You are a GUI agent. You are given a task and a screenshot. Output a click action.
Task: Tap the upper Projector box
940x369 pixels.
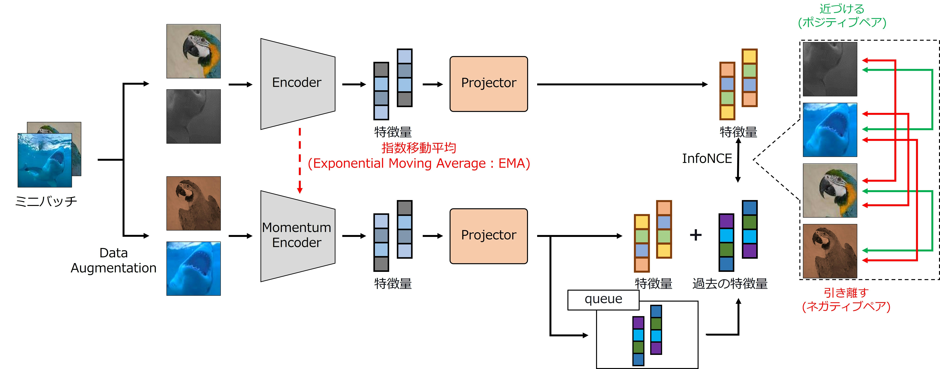(x=489, y=84)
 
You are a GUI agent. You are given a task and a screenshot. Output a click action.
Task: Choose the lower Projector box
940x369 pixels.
(x=489, y=236)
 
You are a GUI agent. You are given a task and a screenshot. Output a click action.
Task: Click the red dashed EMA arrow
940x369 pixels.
(x=300, y=161)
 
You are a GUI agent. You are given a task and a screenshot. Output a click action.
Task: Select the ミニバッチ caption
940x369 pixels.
(x=46, y=201)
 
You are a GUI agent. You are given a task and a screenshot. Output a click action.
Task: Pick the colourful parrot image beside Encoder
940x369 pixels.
(x=193, y=51)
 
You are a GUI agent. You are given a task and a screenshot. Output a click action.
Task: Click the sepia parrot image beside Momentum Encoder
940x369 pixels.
(x=193, y=203)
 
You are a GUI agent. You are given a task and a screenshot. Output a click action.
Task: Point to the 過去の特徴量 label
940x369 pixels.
(x=730, y=284)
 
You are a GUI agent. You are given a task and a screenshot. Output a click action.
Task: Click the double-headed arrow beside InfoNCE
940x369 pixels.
(x=738, y=161)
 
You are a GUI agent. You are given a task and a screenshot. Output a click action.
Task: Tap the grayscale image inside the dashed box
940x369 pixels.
(x=830, y=69)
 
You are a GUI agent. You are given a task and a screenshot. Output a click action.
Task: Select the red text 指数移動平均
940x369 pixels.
(x=419, y=148)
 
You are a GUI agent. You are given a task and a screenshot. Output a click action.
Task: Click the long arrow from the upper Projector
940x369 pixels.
(x=620, y=84)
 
